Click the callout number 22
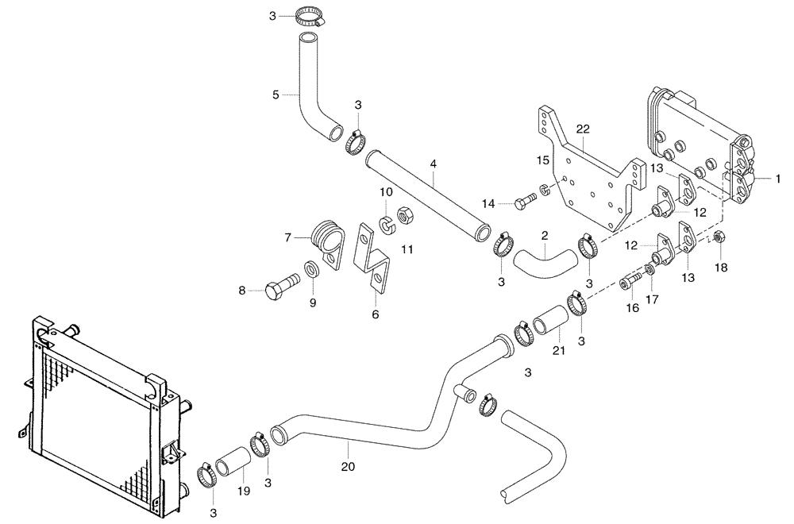point(583,129)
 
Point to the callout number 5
point(276,94)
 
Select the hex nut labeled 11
point(402,214)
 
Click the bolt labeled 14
point(523,204)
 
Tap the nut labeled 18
point(717,237)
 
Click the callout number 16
point(632,307)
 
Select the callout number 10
point(386,192)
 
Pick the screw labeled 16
point(631,281)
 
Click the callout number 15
point(543,161)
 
